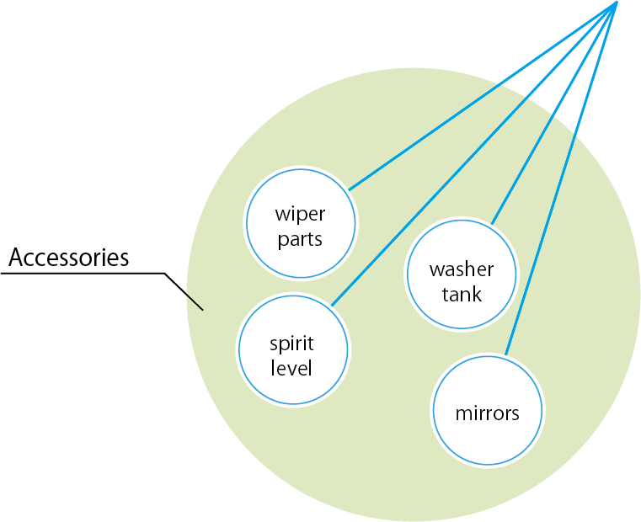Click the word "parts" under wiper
click(300, 239)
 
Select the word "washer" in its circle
click(461, 270)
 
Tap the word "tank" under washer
click(461, 295)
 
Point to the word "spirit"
click(291, 344)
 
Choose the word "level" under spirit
click(291, 368)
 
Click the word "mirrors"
click(487, 413)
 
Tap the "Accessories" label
click(69, 257)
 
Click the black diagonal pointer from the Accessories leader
click(184, 291)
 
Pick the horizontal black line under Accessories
click(84, 274)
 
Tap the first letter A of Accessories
click(15, 258)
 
